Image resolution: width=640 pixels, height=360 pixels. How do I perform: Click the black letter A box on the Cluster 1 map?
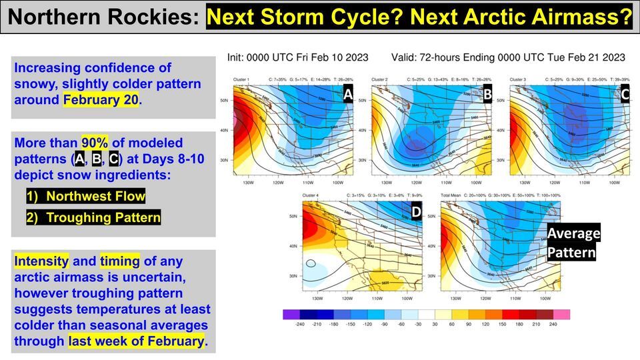pyautogui.click(x=348, y=95)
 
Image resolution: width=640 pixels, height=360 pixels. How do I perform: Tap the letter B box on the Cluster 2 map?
pyautogui.click(x=487, y=94)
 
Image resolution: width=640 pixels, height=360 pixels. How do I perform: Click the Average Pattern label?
pyautogui.click(x=573, y=243)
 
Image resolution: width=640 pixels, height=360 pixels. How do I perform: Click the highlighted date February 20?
pyautogui.click(x=101, y=100)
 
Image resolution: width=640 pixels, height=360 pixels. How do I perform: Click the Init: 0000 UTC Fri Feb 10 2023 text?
pyautogui.click(x=297, y=57)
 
